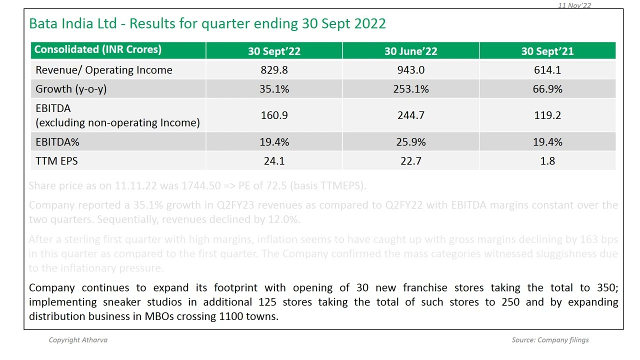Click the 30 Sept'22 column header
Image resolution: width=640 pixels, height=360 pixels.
(x=274, y=51)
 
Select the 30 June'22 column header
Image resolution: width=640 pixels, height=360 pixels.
(x=410, y=51)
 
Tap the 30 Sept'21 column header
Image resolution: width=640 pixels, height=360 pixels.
(x=547, y=51)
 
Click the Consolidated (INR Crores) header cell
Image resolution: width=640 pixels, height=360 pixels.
(x=98, y=49)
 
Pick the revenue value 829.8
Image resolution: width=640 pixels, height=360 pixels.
(x=274, y=70)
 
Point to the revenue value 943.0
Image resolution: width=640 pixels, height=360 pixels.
(x=410, y=70)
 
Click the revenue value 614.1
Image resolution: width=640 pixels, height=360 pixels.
(x=547, y=70)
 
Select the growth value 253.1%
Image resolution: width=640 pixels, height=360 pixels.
(x=410, y=89)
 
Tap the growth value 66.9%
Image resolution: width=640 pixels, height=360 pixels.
(x=547, y=89)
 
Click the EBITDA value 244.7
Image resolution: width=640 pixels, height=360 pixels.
(x=410, y=115)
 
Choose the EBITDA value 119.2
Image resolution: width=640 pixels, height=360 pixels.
(x=547, y=115)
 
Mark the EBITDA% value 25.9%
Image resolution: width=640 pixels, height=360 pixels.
(x=410, y=142)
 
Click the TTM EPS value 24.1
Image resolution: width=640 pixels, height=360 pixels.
(x=274, y=161)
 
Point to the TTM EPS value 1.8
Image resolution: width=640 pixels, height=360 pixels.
(x=547, y=161)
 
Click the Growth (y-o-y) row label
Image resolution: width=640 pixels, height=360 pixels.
(x=71, y=89)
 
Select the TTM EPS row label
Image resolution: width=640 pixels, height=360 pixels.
(x=56, y=161)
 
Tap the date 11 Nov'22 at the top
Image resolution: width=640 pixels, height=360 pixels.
(x=574, y=5)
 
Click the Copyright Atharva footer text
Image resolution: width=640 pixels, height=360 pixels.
(x=78, y=340)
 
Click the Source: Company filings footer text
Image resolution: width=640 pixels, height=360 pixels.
(x=550, y=340)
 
